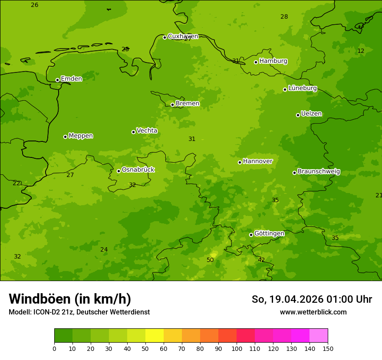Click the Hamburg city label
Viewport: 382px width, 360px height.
[273, 61]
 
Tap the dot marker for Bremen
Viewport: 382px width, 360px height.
[172, 105]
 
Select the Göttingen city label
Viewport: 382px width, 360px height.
[269, 233]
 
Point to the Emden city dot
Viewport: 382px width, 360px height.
[57, 80]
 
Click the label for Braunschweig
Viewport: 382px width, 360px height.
[319, 172]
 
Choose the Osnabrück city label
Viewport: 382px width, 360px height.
[138, 170]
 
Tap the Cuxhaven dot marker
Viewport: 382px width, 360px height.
[165, 37]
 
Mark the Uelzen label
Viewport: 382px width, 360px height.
[311, 114]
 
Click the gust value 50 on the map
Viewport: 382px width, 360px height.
[210, 260]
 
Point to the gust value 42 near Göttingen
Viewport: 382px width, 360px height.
[261, 260]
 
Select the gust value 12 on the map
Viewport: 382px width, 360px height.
[361, 51]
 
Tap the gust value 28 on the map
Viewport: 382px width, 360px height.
[284, 16]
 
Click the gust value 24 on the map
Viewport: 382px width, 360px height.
[104, 249]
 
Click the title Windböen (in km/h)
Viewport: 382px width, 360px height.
[70, 299]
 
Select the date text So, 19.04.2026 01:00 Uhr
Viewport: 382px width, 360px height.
[312, 299]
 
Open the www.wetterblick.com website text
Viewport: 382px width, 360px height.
[313, 312]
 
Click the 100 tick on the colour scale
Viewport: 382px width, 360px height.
[237, 348]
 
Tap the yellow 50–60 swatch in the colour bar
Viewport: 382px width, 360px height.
[155, 336]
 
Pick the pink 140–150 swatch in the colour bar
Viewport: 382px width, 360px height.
[319, 336]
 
